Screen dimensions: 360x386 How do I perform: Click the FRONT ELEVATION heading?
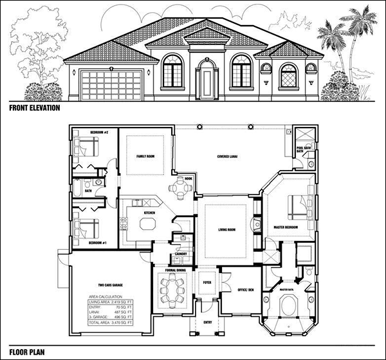coord(34,108)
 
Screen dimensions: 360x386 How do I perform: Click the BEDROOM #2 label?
coord(84,131)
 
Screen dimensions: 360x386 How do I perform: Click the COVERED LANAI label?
coord(229,155)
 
